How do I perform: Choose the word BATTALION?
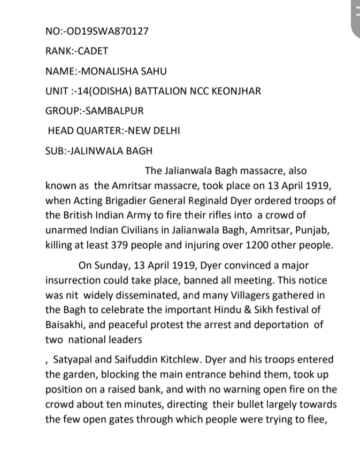[155, 91]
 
